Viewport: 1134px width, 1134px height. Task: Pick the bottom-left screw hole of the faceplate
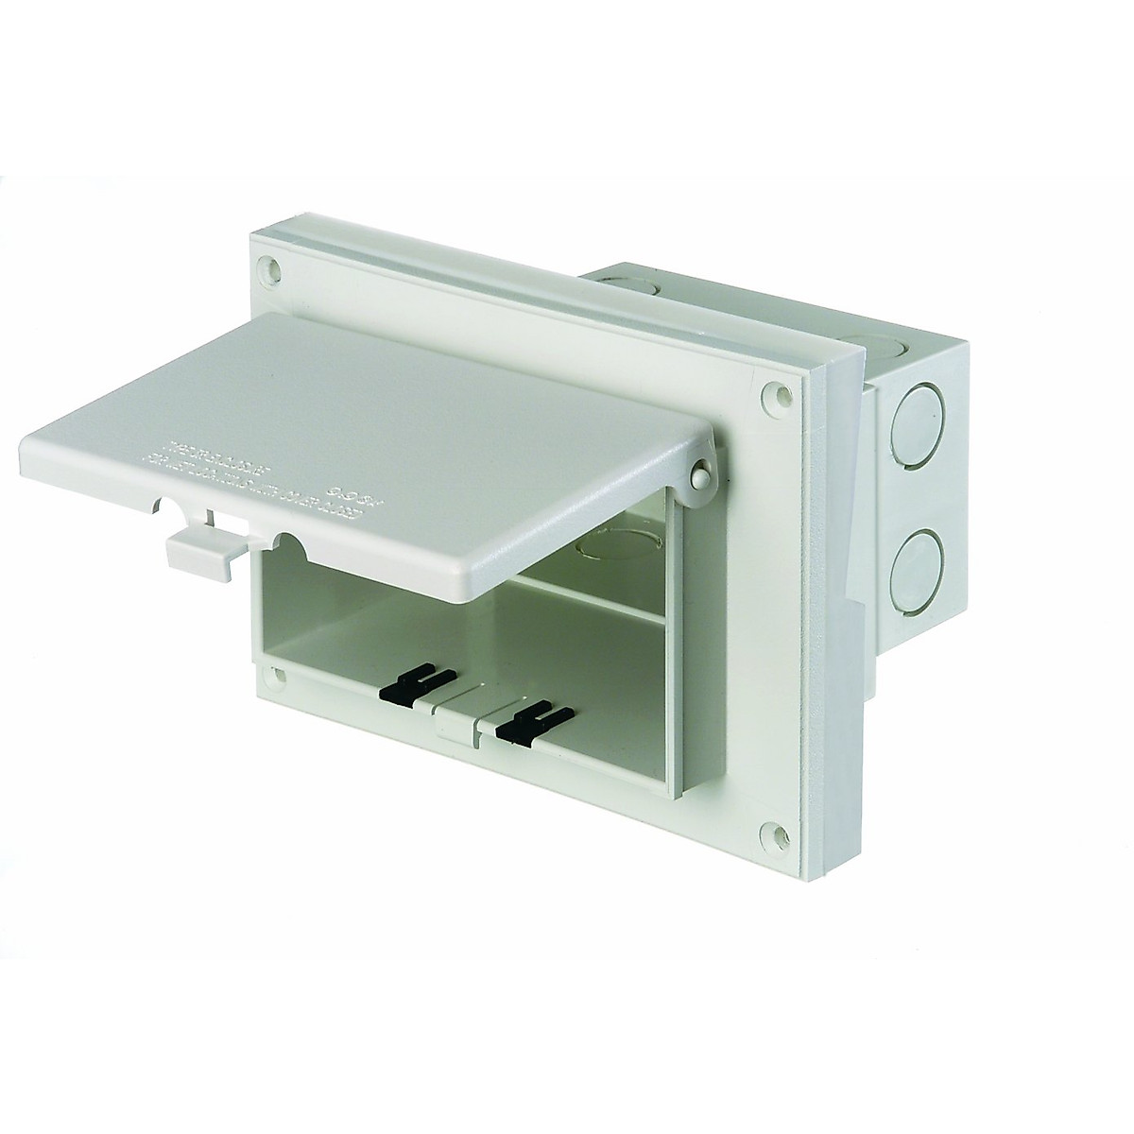coord(275,674)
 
